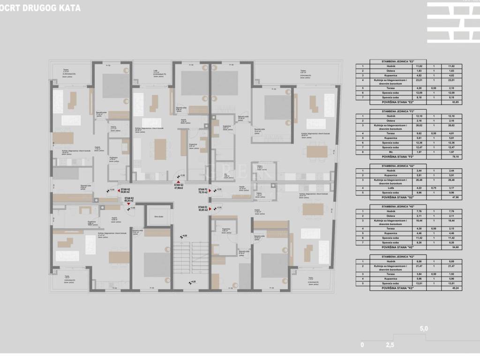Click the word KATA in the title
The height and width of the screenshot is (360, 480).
point(68,8)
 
